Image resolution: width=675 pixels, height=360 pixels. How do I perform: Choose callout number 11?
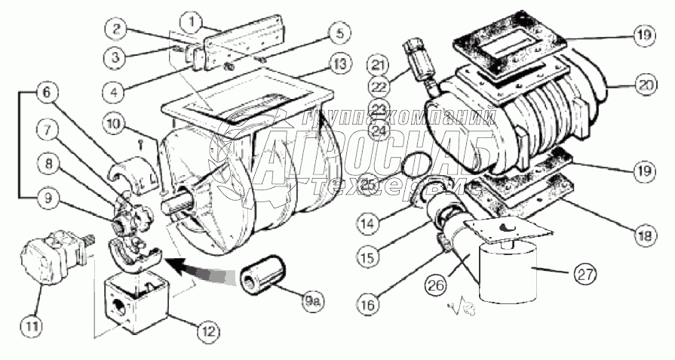[31, 327]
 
